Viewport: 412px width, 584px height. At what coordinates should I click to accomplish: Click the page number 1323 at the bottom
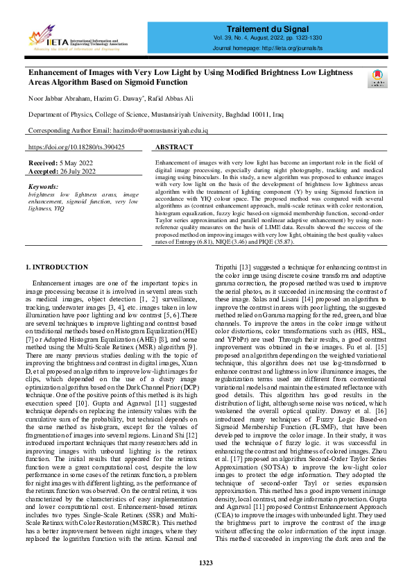pos(205,562)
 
